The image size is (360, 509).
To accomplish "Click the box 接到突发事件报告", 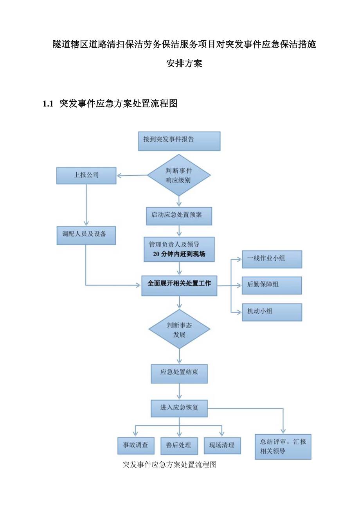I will (x=179, y=141).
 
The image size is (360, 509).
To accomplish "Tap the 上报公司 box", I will (x=86, y=176).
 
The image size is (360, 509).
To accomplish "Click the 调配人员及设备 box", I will (x=86, y=235).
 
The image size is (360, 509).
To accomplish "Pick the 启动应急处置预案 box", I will (x=179, y=216).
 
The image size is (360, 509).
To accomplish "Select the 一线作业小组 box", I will (x=272, y=259).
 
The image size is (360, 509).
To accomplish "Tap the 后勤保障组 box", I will (x=272, y=285).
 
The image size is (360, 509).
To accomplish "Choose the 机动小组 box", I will (x=272, y=312).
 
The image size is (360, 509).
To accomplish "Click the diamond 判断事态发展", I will (x=179, y=329).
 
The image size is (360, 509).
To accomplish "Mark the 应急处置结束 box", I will (x=179, y=374).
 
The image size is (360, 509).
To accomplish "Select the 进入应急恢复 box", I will (x=179, y=408).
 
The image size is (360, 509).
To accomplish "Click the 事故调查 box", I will (x=136, y=445).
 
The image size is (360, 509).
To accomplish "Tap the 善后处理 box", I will (x=179, y=445).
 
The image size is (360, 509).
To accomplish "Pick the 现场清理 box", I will (x=222, y=445).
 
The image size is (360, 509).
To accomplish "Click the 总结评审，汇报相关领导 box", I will (x=283, y=446).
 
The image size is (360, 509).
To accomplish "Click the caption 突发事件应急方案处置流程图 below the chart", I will (x=169, y=465).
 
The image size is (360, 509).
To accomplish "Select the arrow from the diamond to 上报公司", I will (x=132, y=176).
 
